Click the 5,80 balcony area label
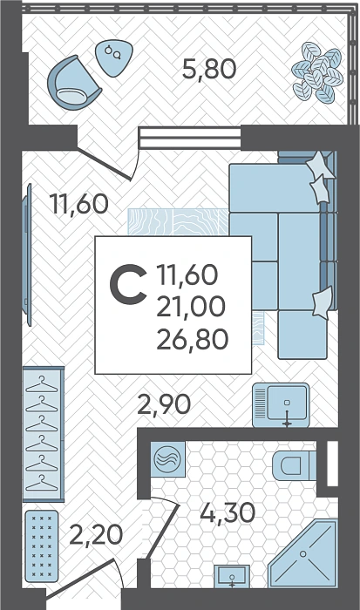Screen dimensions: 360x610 [x=209, y=69]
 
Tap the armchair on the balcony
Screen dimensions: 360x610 [x=73, y=83]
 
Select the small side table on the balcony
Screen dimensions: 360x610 [x=114, y=58]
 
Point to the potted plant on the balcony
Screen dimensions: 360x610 [x=317, y=72]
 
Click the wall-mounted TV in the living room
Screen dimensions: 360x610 [x=27, y=254]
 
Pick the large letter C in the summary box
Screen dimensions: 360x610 [x=128, y=284]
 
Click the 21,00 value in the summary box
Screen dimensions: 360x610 [x=191, y=306]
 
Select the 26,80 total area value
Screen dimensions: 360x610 [x=192, y=338]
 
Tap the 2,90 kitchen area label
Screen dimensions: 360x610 [x=164, y=404]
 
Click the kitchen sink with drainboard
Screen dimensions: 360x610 [x=281, y=405]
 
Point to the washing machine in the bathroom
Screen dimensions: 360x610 [x=167, y=459]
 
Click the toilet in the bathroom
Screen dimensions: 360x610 [x=294, y=465]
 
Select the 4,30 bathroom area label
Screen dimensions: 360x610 [x=228, y=512]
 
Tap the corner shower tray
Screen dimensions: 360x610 [x=302, y=553]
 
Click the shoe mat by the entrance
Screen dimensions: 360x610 [x=42, y=546]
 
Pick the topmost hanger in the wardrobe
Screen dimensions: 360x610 [x=42, y=384]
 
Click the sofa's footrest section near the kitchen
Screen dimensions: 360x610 [x=302, y=335]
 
